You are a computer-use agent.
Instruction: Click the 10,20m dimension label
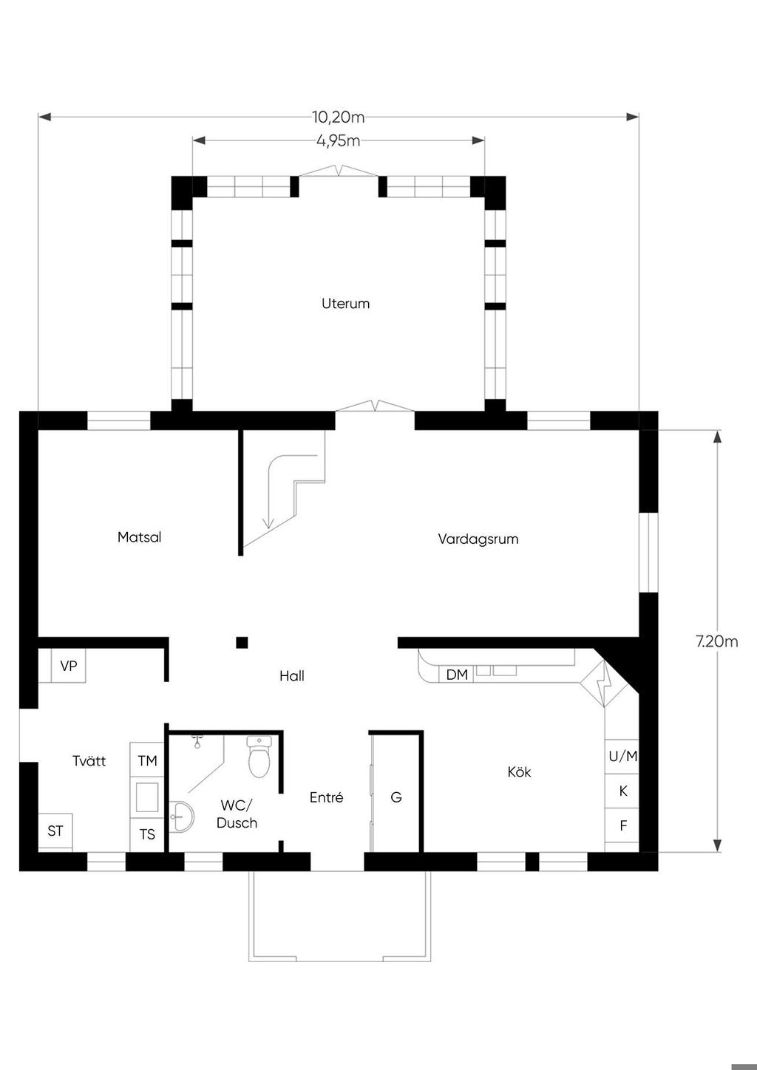[x=339, y=117]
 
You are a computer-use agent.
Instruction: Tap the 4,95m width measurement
[x=339, y=141]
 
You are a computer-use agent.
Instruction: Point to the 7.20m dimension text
[x=717, y=641]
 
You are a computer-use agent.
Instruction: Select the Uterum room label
[x=345, y=303]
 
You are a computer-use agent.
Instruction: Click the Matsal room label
[x=139, y=537]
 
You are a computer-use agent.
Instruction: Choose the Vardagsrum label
[x=478, y=539]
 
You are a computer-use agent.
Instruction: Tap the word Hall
[x=292, y=675]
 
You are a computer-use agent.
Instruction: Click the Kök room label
[x=520, y=771]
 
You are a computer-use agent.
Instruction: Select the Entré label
[x=327, y=797]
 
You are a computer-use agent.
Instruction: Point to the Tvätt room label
[x=89, y=761]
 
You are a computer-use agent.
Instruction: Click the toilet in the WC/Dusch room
[x=259, y=757]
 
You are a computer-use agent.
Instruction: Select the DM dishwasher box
[x=456, y=675]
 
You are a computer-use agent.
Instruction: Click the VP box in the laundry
[x=69, y=665]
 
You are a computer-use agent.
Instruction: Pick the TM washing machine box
[x=147, y=760]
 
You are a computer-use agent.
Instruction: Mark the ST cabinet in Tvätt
[x=55, y=831]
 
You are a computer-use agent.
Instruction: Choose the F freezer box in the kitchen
[x=622, y=825]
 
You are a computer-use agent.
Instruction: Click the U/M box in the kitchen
[x=622, y=757]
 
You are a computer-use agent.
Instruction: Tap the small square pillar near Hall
[x=242, y=642]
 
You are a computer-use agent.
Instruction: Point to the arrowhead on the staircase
[x=268, y=523]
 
